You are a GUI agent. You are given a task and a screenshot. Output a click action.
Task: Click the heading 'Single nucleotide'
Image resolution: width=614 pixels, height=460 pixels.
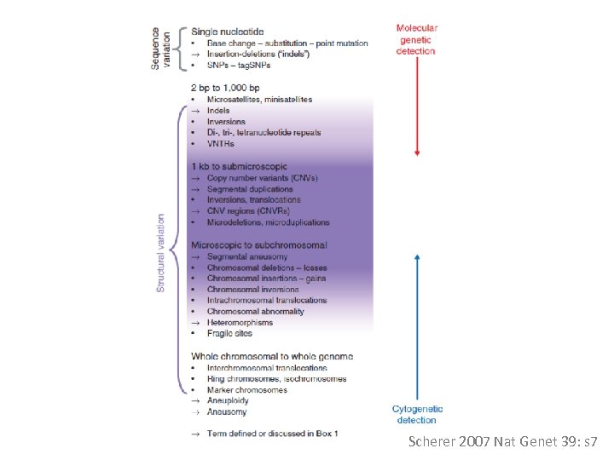pos(229,32)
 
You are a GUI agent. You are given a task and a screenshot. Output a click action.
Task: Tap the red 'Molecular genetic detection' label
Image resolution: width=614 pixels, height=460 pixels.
pos(417,39)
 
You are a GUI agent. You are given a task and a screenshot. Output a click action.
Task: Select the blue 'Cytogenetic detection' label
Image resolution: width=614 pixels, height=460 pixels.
pos(417,414)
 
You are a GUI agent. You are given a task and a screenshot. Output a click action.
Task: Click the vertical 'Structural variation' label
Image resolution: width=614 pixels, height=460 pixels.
pos(160,253)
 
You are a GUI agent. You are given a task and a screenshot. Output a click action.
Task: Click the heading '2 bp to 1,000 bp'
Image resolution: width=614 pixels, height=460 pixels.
pos(226,87)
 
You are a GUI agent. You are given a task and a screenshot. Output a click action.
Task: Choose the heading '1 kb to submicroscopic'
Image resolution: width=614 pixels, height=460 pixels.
pos(239,166)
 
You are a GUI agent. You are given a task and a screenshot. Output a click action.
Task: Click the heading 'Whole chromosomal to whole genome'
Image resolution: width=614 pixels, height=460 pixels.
pos(271,356)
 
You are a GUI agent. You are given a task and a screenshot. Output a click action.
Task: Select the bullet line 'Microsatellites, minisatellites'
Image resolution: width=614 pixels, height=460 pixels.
pos(259,100)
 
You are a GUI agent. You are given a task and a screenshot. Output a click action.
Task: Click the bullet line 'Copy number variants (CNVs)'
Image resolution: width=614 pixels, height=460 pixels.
pos(262,178)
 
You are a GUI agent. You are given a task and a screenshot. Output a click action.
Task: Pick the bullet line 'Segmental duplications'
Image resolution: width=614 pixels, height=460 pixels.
pos(250,189)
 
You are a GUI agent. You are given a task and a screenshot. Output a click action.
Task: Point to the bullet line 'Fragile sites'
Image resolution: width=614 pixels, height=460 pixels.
pos(230,334)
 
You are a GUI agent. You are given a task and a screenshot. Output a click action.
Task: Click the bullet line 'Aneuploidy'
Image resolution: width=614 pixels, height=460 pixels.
pos(227,400)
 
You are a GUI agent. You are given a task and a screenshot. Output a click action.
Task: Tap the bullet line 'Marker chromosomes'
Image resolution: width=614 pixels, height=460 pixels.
pos(246,390)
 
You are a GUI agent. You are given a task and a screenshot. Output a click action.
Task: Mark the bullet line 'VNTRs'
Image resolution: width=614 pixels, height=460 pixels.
pos(220,144)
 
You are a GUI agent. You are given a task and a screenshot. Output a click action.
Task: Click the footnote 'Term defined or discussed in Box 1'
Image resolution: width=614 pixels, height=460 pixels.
pos(272,434)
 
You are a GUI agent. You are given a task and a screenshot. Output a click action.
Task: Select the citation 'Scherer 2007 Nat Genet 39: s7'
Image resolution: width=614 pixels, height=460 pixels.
pos(504,442)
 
